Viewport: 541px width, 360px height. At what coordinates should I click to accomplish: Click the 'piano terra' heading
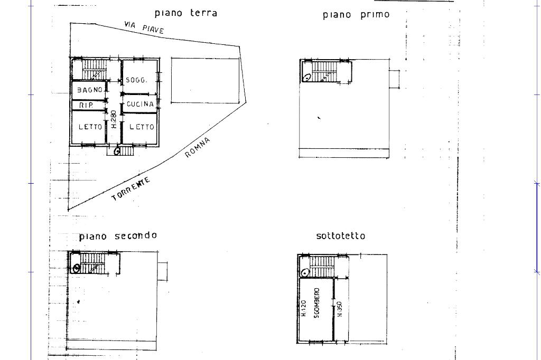[185, 13]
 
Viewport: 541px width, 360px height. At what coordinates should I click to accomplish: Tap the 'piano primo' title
[356, 15]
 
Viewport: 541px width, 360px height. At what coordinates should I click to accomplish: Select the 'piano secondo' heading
[118, 236]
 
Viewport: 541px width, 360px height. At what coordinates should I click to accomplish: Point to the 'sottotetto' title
[340, 236]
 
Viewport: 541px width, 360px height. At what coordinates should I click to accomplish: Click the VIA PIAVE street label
[144, 27]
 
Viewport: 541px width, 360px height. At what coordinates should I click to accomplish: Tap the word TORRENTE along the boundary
[131, 190]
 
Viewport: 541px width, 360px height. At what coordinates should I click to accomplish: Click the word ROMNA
[198, 147]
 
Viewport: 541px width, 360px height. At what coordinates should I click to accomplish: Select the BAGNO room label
[90, 90]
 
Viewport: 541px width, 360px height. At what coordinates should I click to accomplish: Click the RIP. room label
[86, 106]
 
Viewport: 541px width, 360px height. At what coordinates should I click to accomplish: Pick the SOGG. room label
[136, 80]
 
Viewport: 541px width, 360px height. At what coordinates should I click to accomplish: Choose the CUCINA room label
[140, 105]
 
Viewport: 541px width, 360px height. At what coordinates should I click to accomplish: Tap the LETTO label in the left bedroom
[90, 127]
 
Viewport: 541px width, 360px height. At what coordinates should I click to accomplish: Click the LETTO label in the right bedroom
[142, 127]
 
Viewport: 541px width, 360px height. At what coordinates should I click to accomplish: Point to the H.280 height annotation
[114, 119]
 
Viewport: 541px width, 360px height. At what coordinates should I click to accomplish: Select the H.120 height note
[304, 309]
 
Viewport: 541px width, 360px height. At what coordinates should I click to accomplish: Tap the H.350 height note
[340, 309]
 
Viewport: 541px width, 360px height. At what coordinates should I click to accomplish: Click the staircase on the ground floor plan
[94, 69]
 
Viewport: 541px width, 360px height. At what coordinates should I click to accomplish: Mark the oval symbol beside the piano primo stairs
[307, 77]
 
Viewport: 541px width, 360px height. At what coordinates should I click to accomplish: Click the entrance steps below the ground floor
[127, 151]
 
